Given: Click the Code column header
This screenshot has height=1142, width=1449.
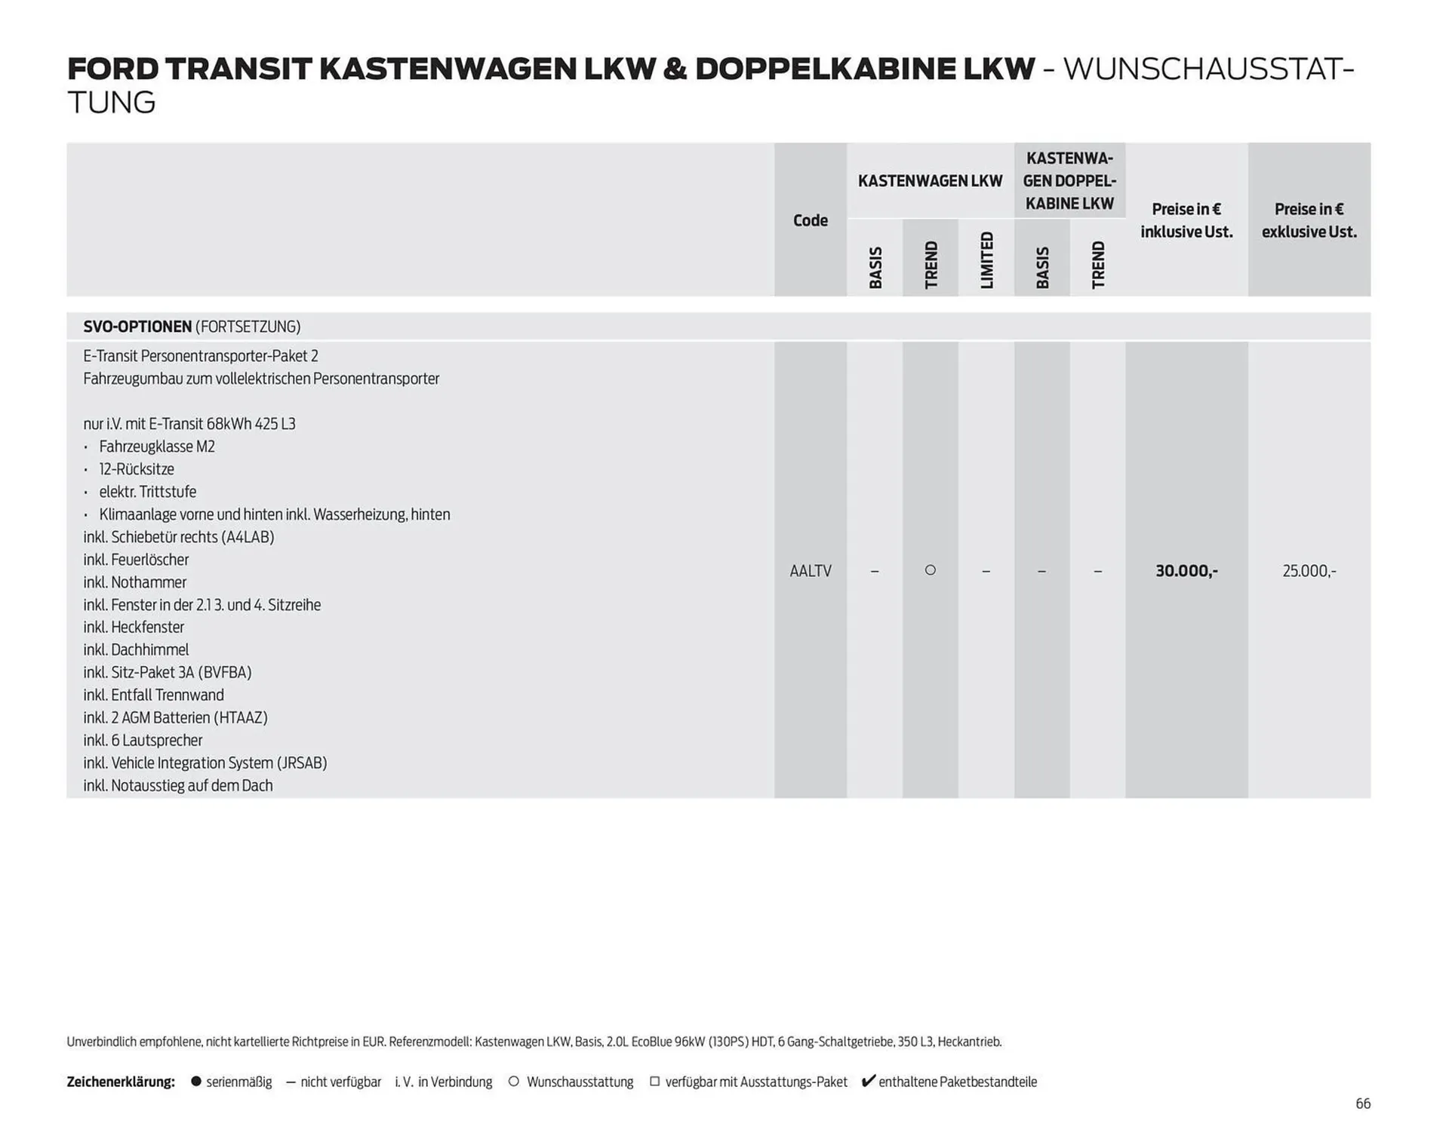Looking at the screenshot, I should (x=810, y=220).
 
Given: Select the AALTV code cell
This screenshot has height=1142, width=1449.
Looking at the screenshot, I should (x=810, y=571).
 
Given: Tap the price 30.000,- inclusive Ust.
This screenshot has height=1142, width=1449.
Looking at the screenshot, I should (x=1186, y=571).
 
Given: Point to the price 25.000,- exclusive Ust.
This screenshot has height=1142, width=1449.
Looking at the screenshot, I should (x=1309, y=571).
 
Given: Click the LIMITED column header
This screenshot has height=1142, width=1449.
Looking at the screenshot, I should (x=986, y=260).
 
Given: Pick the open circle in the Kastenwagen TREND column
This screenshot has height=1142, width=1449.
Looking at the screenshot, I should (x=931, y=570).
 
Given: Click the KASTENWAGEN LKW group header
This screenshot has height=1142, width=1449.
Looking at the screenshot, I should (x=930, y=181).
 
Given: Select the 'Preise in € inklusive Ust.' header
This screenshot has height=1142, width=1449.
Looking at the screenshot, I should (x=1186, y=220).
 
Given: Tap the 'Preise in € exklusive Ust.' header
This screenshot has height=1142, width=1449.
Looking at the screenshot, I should (x=1309, y=220).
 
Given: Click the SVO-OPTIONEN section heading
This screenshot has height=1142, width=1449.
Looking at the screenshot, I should (x=137, y=327).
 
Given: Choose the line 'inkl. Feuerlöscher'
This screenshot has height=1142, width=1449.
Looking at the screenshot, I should (x=136, y=560).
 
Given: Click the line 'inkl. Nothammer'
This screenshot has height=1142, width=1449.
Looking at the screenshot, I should (x=134, y=582).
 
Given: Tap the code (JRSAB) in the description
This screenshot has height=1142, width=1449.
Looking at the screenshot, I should (x=302, y=763).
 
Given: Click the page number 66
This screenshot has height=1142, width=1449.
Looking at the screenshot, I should (x=1362, y=1104).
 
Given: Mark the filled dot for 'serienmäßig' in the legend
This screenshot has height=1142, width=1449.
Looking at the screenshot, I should (x=196, y=1082).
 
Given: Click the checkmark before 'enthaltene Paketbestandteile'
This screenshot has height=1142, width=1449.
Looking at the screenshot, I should (x=868, y=1081).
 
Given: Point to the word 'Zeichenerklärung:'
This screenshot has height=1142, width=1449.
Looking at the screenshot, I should (x=121, y=1082).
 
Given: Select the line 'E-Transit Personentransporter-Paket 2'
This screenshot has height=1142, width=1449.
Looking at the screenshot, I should (x=201, y=356).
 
